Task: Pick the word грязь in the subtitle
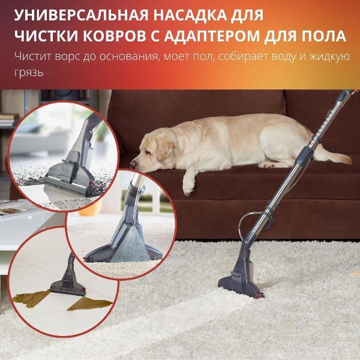[29, 73]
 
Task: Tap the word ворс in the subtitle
[67, 56]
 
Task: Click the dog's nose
[133, 164]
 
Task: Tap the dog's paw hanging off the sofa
[188, 187]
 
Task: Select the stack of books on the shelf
[9, 119]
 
